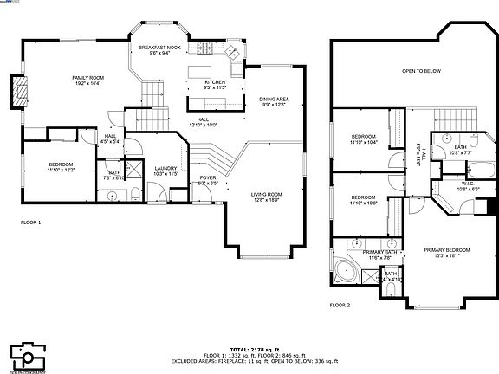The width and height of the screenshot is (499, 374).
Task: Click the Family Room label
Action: pyautogui.click(x=87, y=81)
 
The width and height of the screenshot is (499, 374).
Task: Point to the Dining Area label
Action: pyautogui.click(x=274, y=101)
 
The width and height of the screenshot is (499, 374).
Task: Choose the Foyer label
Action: pyautogui.click(x=208, y=180)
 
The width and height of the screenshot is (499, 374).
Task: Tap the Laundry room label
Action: pyautogui.click(x=165, y=171)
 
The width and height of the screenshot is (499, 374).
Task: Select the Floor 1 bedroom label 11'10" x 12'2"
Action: pyautogui.click(x=61, y=167)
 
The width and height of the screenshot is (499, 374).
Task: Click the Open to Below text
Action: pyautogui.click(x=421, y=71)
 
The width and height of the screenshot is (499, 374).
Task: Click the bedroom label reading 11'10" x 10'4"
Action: pyautogui.click(x=364, y=139)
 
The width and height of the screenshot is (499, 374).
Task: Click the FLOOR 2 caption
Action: pyautogui.click(x=340, y=306)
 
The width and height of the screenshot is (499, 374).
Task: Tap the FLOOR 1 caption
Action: pyautogui.click(x=30, y=222)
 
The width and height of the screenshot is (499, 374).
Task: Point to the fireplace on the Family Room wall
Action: pyautogui.click(x=17, y=92)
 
